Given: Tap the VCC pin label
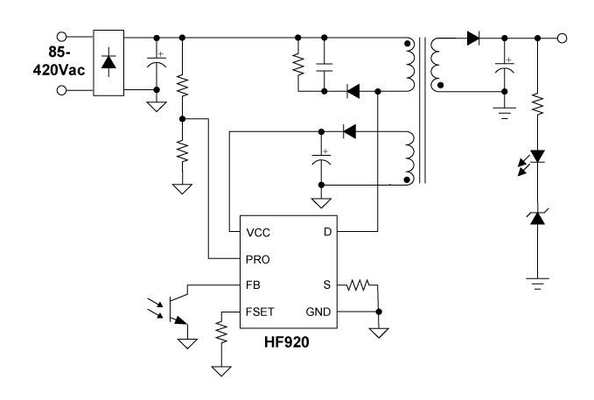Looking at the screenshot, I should (x=258, y=234).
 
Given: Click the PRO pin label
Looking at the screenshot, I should (x=258, y=259).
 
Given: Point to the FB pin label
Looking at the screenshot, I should (x=254, y=284).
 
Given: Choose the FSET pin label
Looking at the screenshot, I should (x=260, y=310).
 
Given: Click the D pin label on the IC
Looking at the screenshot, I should (x=326, y=234).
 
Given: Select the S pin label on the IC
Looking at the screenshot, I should (x=327, y=284).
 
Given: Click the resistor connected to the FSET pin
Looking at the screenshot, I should (x=220, y=333).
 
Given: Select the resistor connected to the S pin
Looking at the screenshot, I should (x=358, y=284).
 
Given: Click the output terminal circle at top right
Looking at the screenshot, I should (x=562, y=38).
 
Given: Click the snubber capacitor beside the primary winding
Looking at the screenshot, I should (x=324, y=64).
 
